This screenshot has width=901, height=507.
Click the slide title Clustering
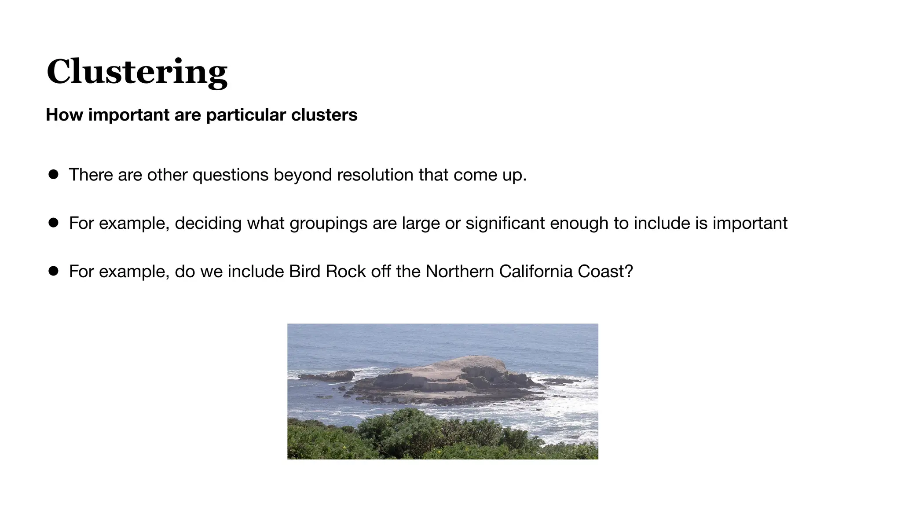(x=137, y=72)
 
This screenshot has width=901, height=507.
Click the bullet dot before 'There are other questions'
(x=54, y=175)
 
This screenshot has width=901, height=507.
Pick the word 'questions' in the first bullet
(x=231, y=175)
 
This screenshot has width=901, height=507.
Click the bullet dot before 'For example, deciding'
(x=54, y=223)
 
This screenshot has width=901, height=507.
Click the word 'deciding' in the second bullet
(x=208, y=223)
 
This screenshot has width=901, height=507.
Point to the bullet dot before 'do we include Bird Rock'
(x=54, y=271)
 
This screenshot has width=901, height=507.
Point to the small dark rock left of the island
(x=328, y=376)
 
